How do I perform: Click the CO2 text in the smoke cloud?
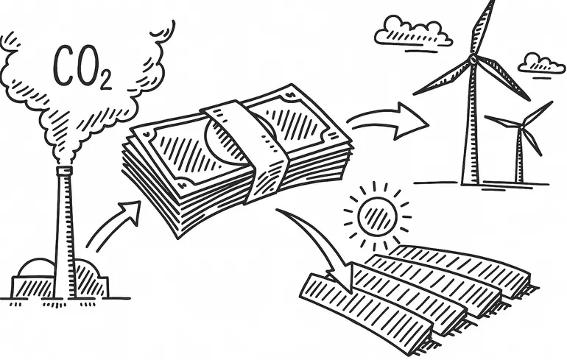[81, 68]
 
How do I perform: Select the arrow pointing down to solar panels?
[317, 247]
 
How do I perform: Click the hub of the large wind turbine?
[473, 60]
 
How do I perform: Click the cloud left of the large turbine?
[412, 33]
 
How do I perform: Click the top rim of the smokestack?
[65, 170]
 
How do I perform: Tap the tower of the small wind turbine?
[521, 158]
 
